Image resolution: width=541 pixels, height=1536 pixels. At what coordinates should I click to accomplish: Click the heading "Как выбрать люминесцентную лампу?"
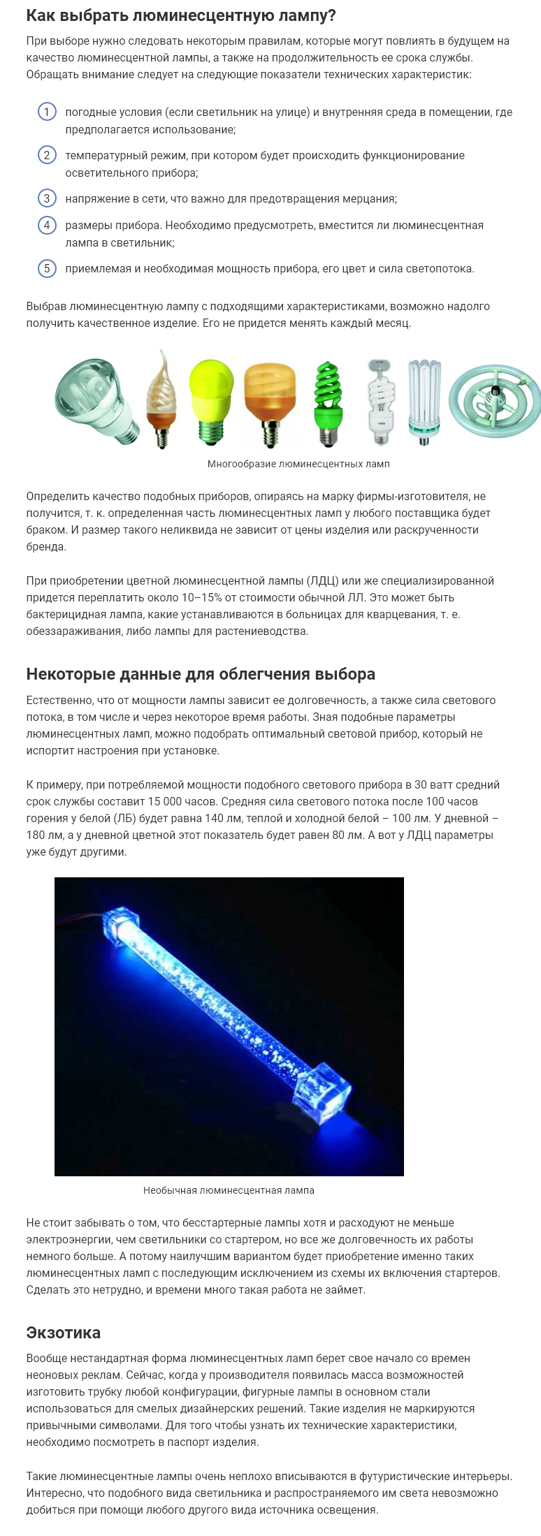(x=181, y=15)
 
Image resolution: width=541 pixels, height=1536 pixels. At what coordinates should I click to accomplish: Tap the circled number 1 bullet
(x=47, y=112)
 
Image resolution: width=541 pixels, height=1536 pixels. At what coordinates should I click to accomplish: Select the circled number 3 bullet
(x=47, y=198)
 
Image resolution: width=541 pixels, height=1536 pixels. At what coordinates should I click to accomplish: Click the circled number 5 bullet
(x=47, y=268)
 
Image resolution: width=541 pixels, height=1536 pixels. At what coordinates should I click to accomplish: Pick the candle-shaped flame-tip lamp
(x=160, y=399)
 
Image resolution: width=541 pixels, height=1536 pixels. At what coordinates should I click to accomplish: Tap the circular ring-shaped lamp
(x=494, y=402)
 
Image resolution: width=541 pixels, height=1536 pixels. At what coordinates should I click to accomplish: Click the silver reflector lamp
(x=96, y=398)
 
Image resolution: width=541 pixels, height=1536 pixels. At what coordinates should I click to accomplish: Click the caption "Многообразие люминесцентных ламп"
(x=298, y=464)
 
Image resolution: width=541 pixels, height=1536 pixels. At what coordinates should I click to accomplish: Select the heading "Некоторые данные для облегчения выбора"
(x=201, y=674)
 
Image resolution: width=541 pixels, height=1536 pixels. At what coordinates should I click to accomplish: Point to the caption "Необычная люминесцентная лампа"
(x=229, y=1190)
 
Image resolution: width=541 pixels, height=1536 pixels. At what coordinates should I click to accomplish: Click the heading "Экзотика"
(x=63, y=1332)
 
